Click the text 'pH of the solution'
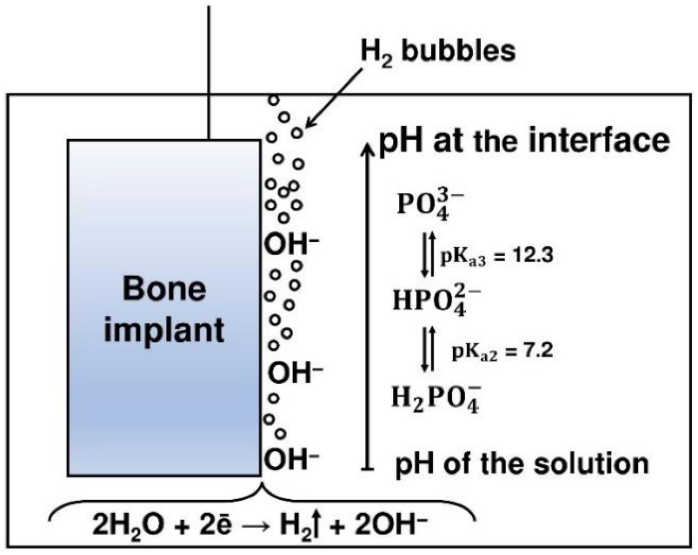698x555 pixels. coord(522,464)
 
